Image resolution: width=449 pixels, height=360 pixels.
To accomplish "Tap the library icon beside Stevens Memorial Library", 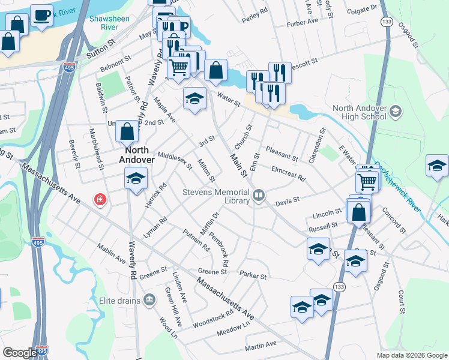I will tap(259, 195).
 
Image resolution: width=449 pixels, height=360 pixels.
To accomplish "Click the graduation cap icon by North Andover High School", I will tap(395, 110).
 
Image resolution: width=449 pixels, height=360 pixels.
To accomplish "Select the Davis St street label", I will tap(287, 202).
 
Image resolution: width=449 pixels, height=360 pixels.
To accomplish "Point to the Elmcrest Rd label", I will tap(289, 174).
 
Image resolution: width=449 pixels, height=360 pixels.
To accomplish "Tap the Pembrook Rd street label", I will tap(219, 251).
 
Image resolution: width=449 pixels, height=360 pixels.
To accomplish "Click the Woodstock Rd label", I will tap(212, 319).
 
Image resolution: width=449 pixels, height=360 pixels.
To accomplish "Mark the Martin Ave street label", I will tap(261, 346).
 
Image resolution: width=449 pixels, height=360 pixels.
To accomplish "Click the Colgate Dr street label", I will tap(363, 8).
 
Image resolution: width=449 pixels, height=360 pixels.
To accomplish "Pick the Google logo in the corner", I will tap(20, 353).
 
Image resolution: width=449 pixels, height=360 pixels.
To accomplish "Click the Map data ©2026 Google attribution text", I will tap(411, 355).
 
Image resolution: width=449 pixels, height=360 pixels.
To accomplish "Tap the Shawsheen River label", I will tap(106, 23).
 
